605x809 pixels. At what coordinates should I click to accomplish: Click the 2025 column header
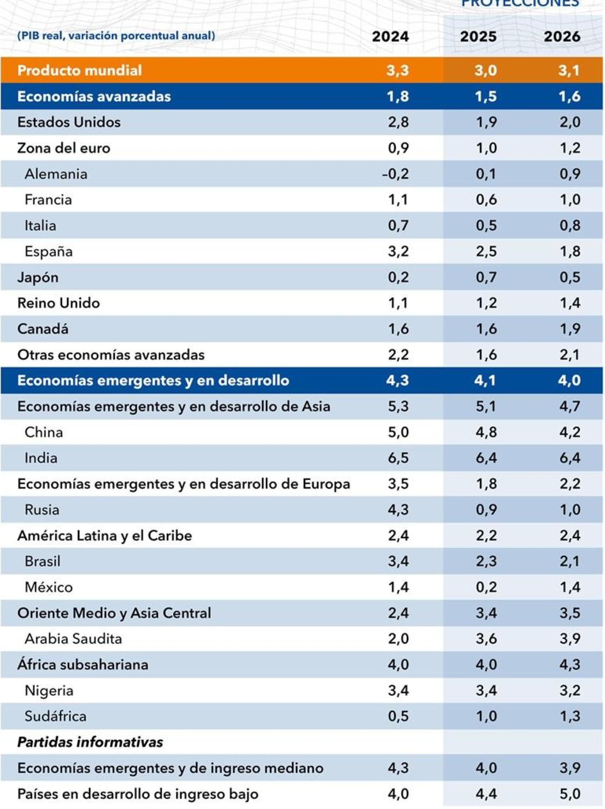478,37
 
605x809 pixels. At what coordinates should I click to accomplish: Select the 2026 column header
562,37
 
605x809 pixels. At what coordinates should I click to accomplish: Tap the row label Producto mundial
79,70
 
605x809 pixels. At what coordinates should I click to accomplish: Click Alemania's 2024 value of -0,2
395,174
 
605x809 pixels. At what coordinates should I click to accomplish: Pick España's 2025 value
486,251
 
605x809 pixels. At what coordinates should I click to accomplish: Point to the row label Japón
38,277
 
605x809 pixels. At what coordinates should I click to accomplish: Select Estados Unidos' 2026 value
570,122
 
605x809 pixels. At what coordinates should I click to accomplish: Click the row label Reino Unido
59,303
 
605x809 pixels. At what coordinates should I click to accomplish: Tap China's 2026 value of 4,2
570,432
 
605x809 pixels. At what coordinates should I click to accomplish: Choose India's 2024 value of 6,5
398,458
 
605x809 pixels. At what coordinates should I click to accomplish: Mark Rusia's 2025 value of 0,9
486,510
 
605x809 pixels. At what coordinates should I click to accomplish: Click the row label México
49,587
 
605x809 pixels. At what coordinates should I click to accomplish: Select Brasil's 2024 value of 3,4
398,561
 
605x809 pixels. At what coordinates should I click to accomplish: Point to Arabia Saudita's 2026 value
570,639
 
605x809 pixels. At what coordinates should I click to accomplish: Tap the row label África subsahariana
83,664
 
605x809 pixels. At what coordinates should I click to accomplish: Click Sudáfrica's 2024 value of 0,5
398,716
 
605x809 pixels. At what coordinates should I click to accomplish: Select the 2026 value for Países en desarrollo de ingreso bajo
570,794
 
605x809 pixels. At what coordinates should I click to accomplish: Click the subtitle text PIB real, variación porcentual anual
116,36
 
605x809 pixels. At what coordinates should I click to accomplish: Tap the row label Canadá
43,329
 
